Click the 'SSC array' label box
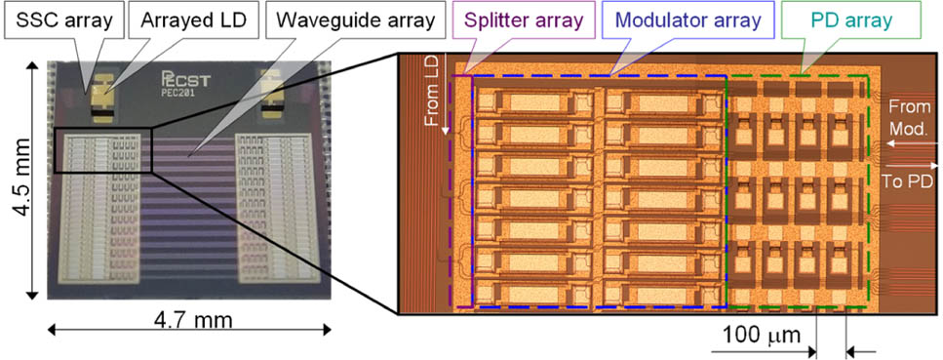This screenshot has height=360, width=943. (59, 19)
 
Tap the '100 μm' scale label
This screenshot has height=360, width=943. (761, 337)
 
